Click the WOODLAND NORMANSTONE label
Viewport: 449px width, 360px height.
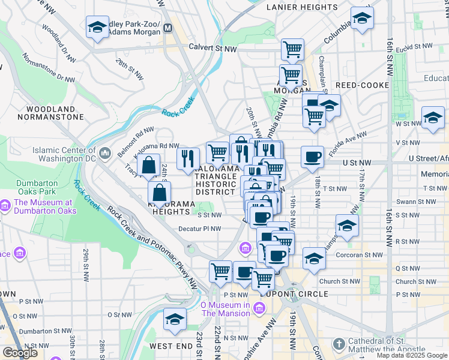[x=51, y=113]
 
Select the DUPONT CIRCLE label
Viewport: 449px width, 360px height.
[x=294, y=294]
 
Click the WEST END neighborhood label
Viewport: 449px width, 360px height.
[x=170, y=346]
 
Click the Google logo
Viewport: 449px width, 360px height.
[x=20, y=352]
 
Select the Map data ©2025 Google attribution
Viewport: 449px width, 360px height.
[x=412, y=355]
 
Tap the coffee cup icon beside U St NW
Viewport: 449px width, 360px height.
[x=312, y=158]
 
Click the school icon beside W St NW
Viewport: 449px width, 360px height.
[x=432, y=118]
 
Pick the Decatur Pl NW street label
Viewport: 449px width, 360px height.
[x=200, y=229]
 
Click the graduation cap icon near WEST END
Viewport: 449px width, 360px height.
[x=175, y=319]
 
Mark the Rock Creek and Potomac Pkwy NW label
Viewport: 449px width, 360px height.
[x=152, y=245]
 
